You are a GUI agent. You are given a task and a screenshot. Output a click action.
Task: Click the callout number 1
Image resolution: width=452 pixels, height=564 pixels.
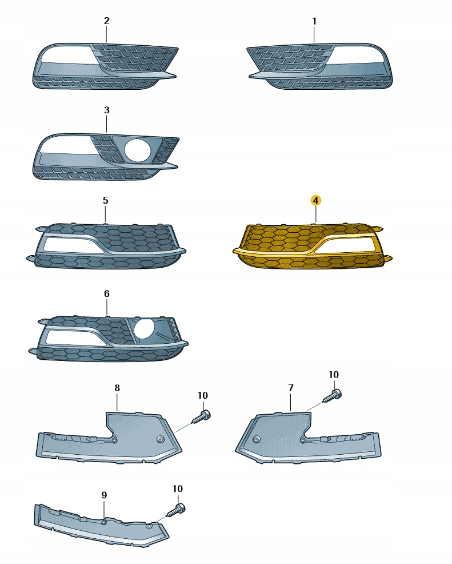click(x=314, y=22)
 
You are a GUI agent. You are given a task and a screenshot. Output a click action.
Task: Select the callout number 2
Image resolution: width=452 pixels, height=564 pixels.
click(x=106, y=21)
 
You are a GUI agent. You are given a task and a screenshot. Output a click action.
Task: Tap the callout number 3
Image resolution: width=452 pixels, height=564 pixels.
click(x=106, y=110)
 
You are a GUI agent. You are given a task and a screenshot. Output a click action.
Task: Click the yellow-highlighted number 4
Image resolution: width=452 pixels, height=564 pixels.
click(x=315, y=200)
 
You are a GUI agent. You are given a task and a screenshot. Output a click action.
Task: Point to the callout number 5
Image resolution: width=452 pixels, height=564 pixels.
click(x=105, y=200)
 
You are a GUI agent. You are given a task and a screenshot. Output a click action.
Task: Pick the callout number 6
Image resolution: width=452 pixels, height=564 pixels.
click(x=107, y=294)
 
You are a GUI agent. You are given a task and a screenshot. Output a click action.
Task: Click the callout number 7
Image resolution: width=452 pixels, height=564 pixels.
click(x=291, y=388)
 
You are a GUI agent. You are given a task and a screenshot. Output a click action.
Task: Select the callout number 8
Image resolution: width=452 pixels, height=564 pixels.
click(x=117, y=388)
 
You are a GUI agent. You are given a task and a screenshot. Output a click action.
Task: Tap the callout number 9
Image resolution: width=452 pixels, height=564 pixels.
click(x=104, y=495)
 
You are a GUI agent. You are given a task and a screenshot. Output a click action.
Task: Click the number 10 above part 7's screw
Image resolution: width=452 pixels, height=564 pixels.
click(x=334, y=375)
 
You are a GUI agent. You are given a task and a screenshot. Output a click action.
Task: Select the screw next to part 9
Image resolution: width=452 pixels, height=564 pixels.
click(x=176, y=510)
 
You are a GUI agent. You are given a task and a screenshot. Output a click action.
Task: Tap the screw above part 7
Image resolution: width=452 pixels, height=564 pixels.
click(x=333, y=396)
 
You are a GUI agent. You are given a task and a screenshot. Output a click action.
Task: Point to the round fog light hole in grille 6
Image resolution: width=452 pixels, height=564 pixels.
click(x=145, y=330)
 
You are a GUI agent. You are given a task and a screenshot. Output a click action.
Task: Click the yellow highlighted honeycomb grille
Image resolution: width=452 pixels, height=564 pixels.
click(x=313, y=247)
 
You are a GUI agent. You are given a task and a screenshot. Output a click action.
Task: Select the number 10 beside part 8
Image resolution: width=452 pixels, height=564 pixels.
click(x=203, y=396)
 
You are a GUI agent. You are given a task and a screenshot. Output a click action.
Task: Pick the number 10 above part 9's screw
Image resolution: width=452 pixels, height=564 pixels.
click(x=178, y=489)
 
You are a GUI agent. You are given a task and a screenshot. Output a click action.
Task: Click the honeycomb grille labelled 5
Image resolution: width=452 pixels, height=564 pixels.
click(x=106, y=247)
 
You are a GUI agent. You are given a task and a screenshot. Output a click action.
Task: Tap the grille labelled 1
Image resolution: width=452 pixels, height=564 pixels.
click(x=319, y=66)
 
